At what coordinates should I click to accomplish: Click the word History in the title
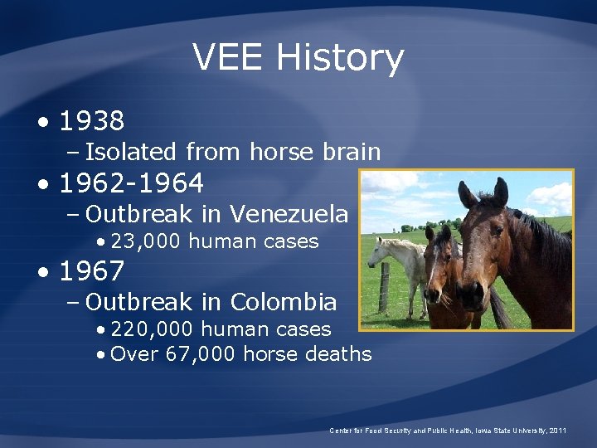click(x=340, y=58)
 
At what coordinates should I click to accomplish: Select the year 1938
click(x=92, y=122)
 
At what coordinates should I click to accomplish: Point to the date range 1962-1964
click(x=132, y=183)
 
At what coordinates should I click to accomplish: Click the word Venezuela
click(x=289, y=214)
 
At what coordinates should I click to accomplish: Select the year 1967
click(x=92, y=271)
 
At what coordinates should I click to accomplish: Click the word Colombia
click(x=284, y=301)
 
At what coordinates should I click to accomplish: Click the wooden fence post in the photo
click(x=384, y=287)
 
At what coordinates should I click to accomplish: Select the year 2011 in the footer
click(x=558, y=431)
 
